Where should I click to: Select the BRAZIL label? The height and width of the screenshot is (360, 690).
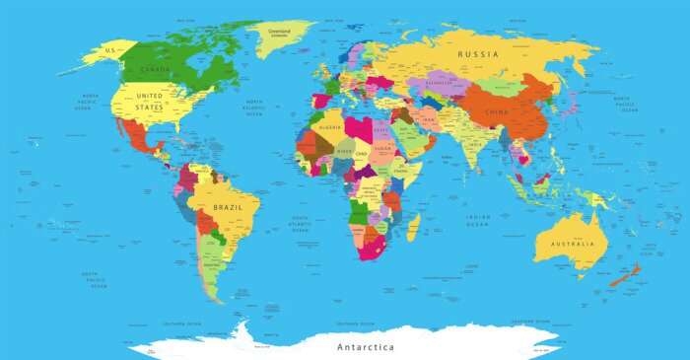point(228,209)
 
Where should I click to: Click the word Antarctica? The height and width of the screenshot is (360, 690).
point(366,347)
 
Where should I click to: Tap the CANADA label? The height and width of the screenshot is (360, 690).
point(157,71)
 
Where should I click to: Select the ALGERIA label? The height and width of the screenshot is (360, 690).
point(329,127)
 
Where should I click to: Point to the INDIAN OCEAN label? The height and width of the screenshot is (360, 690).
point(478,221)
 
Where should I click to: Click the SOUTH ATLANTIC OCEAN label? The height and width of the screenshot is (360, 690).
point(300,224)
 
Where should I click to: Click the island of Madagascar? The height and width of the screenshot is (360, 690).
point(413,228)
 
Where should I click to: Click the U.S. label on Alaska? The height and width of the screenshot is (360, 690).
point(111,49)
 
